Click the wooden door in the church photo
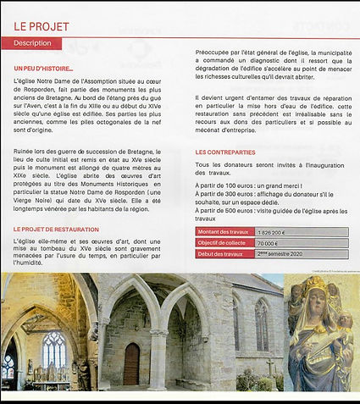[131, 362]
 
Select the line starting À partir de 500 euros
[271, 211]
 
